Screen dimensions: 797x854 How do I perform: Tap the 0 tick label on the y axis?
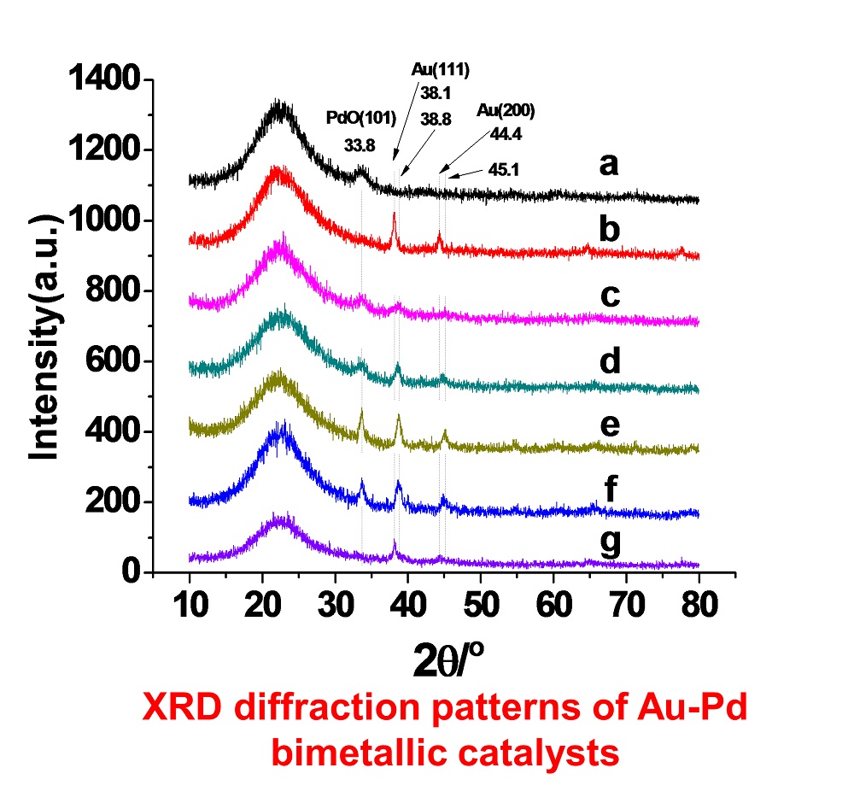[x=131, y=572]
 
